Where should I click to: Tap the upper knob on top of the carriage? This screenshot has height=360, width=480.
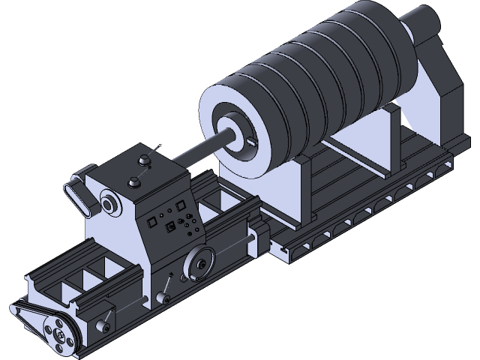(x=142, y=160)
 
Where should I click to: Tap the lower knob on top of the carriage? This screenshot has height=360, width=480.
(x=134, y=181)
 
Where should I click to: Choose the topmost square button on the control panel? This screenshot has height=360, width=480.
(x=180, y=203)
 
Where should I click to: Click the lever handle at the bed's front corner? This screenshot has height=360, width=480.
(x=107, y=324)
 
